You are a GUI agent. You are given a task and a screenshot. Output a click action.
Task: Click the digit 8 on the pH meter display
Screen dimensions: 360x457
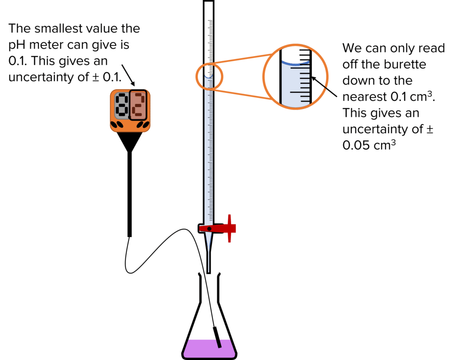click(x=121, y=106)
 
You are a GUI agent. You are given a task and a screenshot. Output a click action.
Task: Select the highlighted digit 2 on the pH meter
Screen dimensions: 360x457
click(x=139, y=106)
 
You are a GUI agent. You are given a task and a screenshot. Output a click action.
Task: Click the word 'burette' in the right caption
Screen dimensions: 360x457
click(x=404, y=65)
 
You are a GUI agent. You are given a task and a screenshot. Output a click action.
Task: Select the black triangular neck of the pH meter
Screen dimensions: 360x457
click(x=130, y=142)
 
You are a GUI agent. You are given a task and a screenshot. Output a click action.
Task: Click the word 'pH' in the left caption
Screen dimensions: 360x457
click(x=17, y=45)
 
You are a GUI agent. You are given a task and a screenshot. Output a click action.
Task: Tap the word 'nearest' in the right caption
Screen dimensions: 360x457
click(x=362, y=97)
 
